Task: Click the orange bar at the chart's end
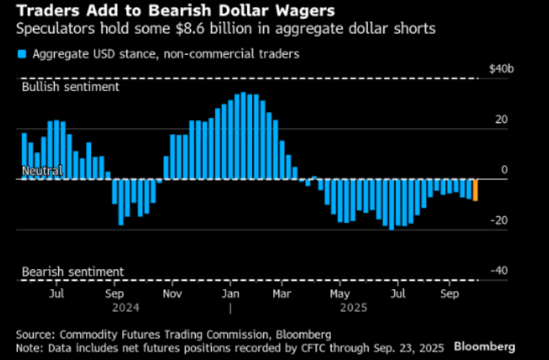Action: [x=476, y=189]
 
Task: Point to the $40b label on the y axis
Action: [x=502, y=69]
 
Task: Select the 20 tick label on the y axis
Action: [x=502, y=120]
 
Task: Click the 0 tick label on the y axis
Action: [x=505, y=170]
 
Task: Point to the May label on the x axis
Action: [x=341, y=295]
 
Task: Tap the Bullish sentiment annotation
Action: [x=71, y=85]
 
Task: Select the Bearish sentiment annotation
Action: [x=72, y=271]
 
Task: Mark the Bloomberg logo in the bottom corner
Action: [x=485, y=346]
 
